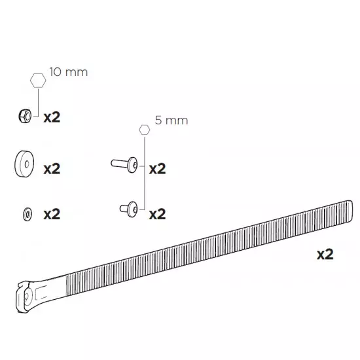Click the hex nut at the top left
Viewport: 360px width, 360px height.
[x=25, y=116]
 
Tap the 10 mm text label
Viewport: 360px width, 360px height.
[x=69, y=72]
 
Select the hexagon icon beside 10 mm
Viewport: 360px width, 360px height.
[x=38, y=81]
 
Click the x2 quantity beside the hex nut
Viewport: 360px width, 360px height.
[x=52, y=118]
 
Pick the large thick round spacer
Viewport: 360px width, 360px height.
[x=24, y=164]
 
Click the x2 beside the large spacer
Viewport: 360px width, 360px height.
[x=52, y=169]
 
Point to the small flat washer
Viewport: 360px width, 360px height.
[x=27, y=215]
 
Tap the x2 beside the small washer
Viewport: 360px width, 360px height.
[x=52, y=214]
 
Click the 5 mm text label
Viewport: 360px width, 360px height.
[x=171, y=120]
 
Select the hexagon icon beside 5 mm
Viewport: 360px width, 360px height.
[x=145, y=130]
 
